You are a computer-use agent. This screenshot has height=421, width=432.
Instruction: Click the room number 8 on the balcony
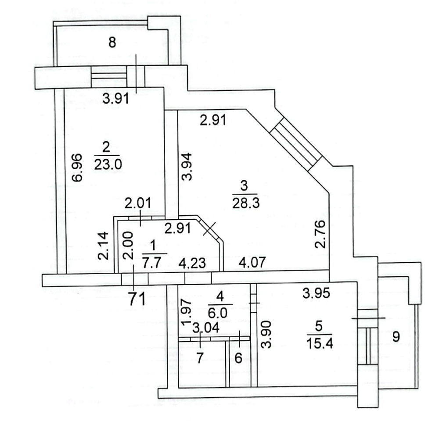click(112, 43)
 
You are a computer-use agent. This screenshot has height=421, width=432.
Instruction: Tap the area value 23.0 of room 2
click(108, 165)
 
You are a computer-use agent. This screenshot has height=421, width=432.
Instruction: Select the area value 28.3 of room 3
click(246, 203)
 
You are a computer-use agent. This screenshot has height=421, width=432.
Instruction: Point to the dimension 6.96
click(77, 167)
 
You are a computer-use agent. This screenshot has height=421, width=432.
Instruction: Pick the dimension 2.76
click(320, 234)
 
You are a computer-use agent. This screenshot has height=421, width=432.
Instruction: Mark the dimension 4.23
click(192, 263)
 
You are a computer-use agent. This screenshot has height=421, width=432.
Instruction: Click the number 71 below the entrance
click(137, 299)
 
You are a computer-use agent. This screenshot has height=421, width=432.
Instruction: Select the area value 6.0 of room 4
click(218, 313)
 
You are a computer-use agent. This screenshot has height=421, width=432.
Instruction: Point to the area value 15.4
click(320, 343)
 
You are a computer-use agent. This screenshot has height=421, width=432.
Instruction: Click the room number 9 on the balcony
click(396, 336)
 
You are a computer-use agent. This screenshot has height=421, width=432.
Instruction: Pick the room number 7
click(200, 358)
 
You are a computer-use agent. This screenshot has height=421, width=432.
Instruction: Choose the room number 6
click(238, 358)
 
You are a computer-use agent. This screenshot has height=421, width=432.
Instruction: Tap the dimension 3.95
click(316, 293)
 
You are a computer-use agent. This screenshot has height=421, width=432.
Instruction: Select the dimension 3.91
click(116, 98)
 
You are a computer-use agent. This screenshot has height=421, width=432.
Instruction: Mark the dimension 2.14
click(103, 246)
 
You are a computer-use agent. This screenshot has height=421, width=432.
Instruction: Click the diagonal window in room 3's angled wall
click(295, 144)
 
